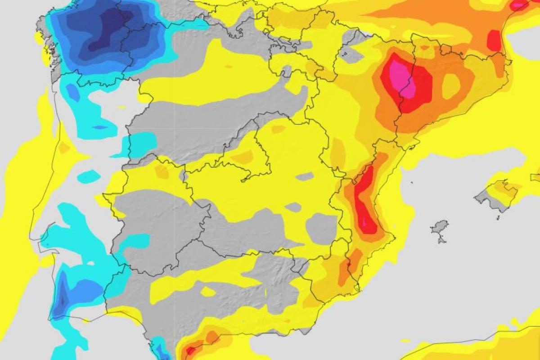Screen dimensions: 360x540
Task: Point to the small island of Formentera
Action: coord(442,239)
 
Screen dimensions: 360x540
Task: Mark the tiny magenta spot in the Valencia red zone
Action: coord(364,221)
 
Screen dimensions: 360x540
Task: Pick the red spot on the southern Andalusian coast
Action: coord(191,349)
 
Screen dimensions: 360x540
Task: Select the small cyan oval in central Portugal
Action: coord(89,176)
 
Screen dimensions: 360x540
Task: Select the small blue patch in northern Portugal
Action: coord(72,92)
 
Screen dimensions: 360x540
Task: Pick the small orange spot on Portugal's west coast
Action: coord(64,148)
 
